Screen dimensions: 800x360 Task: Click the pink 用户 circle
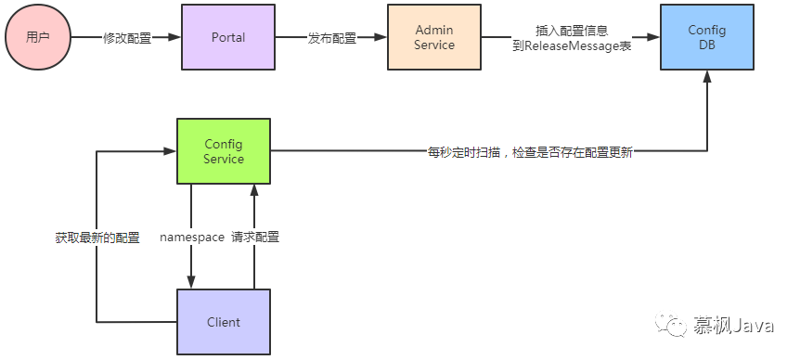[x=38, y=37]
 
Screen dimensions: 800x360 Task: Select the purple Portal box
[x=228, y=37]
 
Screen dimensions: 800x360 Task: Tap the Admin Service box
[x=433, y=37]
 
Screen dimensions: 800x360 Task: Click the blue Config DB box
[x=706, y=37]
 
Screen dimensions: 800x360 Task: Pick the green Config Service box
[x=224, y=151]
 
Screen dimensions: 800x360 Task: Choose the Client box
[x=224, y=322]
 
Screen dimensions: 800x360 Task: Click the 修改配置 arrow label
[x=127, y=38]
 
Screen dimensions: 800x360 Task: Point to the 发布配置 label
[x=331, y=38]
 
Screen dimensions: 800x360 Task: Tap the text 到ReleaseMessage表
[x=572, y=46]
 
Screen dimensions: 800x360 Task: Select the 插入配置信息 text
[x=572, y=30]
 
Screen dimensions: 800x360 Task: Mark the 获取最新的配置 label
[x=97, y=238]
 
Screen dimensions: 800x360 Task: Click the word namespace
[x=192, y=238]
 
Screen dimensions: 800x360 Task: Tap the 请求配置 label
[x=255, y=238]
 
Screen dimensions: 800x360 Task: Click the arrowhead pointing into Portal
[x=175, y=37]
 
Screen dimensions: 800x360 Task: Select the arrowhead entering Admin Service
[x=381, y=37]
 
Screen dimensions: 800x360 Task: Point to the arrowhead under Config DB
[x=707, y=76]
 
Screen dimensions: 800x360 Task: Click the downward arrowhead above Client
[x=191, y=282]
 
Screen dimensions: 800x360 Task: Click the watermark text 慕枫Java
[x=733, y=325]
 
